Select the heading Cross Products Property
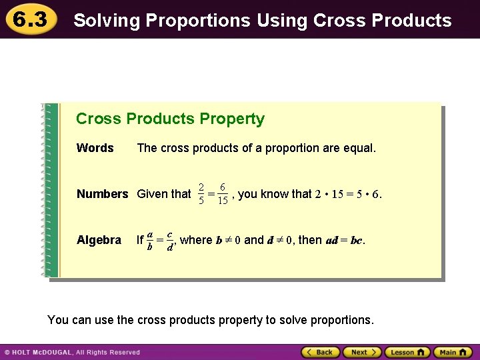pos(170,119)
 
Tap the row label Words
pos(95,148)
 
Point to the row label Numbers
pos(102,194)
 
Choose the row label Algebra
pos(99,240)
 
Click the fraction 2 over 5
pos(201,194)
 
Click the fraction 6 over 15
pos(222,194)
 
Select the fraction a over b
pos(151,240)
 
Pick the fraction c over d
pos(171,240)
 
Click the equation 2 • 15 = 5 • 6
pos(347,194)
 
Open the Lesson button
pos(407,352)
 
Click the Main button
pos(452,352)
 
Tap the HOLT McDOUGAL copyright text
pos(72,352)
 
